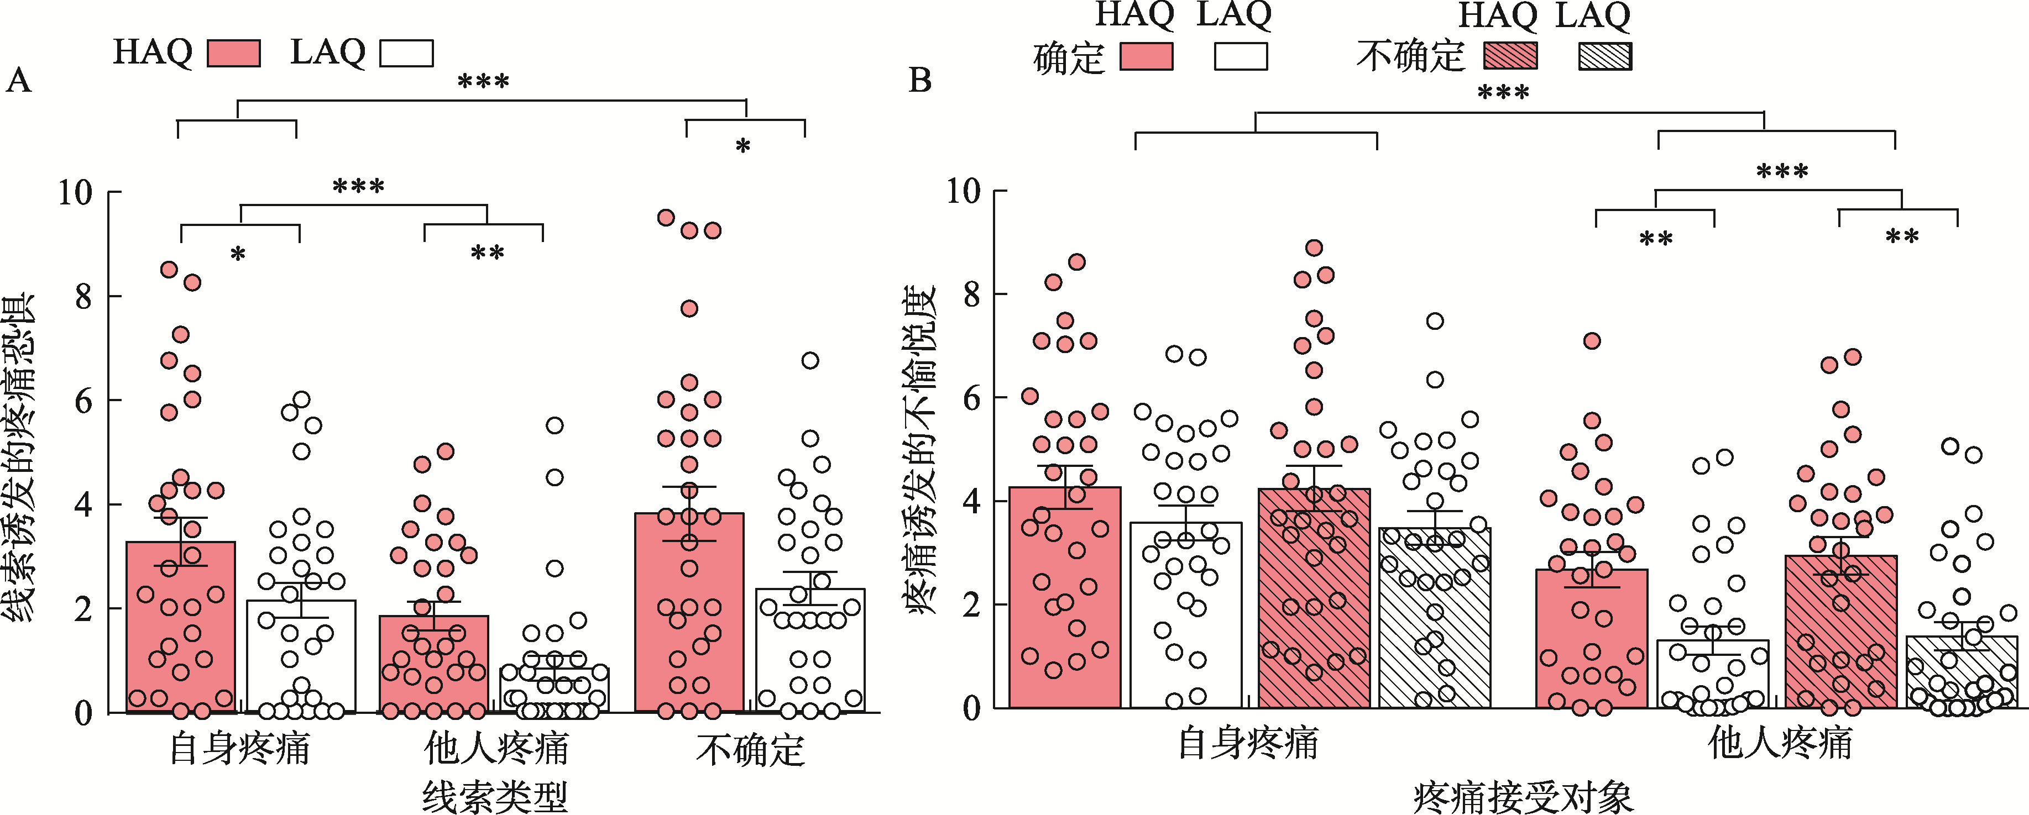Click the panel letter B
[x=919, y=80]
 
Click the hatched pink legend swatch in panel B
[x=1510, y=56]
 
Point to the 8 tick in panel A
[x=83, y=297]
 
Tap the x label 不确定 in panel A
[x=750, y=750]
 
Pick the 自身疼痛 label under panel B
[x=1248, y=743]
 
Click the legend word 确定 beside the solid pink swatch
[x=1069, y=58]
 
